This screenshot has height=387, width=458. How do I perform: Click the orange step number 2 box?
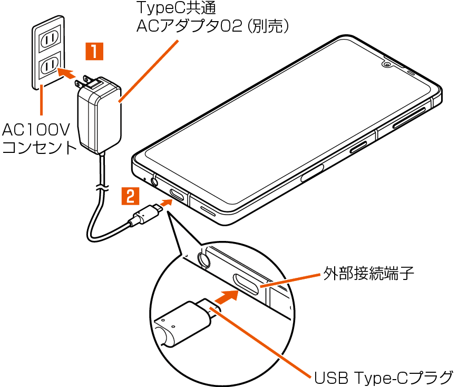pyautogui.click(x=130, y=196)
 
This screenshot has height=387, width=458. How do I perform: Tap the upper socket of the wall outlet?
pyautogui.click(x=50, y=38)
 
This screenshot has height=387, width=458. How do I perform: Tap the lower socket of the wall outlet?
pyautogui.click(x=50, y=65)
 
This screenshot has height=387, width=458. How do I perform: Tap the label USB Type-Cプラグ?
pyautogui.click(x=383, y=378)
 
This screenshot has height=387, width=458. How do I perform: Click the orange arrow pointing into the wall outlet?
pyautogui.click(x=66, y=72)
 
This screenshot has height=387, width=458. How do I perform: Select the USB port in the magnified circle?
pyautogui.click(x=245, y=283)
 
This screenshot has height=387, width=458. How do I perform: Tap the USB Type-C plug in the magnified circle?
pyautogui.click(x=184, y=321)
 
